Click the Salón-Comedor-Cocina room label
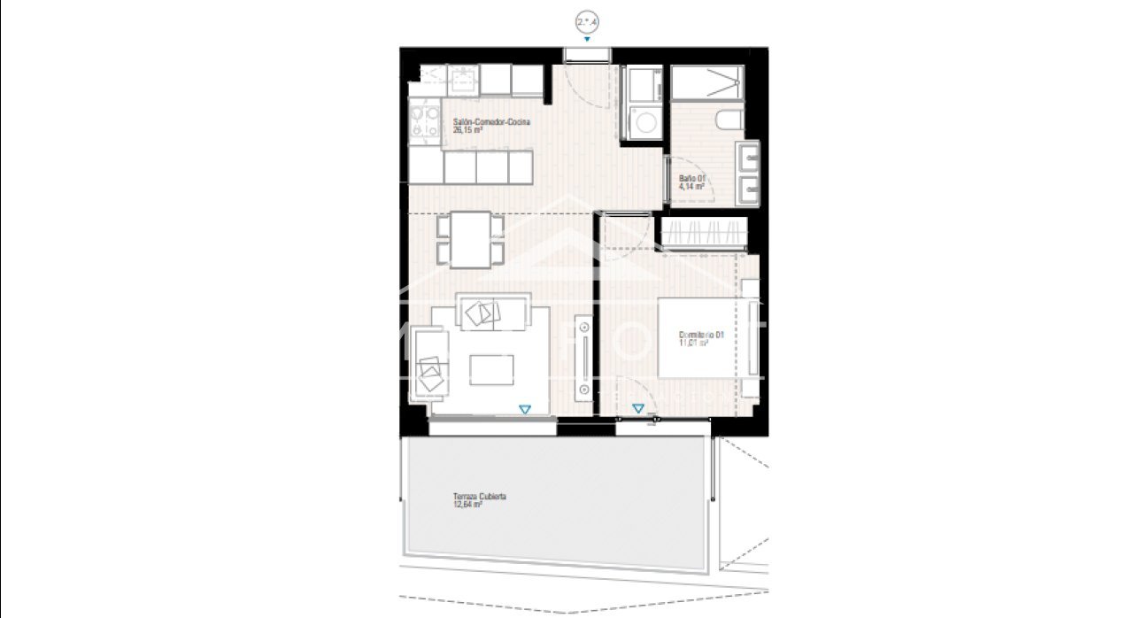point(491,122)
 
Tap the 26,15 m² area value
point(467,130)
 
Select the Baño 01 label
point(691,179)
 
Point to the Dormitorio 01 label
point(701,335)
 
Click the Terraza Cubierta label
point(479,498)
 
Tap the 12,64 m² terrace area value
point(467,506)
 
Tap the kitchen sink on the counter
point(462,80)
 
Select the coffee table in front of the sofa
point(491,369)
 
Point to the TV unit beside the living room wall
point(584,357)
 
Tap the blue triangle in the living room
point(525,408)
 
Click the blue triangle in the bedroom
point(637,408)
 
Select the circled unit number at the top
point(586,22)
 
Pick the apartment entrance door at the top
point(586,55)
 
